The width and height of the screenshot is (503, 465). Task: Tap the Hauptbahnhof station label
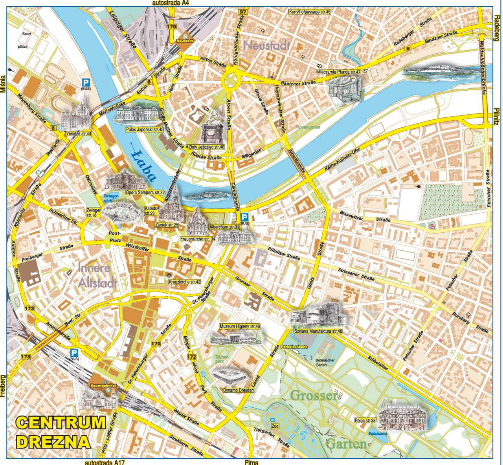(104, 386)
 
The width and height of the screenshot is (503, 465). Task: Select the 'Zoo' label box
(275, 426)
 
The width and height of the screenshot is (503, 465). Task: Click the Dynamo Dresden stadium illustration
(231, 377)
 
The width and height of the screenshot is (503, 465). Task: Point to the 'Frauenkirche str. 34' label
(198, 239)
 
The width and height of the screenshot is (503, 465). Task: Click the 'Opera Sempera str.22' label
(145, 193)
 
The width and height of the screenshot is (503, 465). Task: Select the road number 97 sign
(242, 12)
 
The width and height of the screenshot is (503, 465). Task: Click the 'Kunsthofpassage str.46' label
(310, 12)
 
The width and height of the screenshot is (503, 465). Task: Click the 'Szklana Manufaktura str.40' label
(318, 331)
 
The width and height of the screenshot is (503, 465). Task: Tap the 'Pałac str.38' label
(365, 421)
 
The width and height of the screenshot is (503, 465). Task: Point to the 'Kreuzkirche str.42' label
(184, 282)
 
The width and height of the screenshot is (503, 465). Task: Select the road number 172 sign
(191, 357)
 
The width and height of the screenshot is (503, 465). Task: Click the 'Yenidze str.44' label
(78, 134)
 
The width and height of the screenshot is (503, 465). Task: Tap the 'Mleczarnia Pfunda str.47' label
(338, 72)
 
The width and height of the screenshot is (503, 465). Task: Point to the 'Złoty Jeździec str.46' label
(206, 147)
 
